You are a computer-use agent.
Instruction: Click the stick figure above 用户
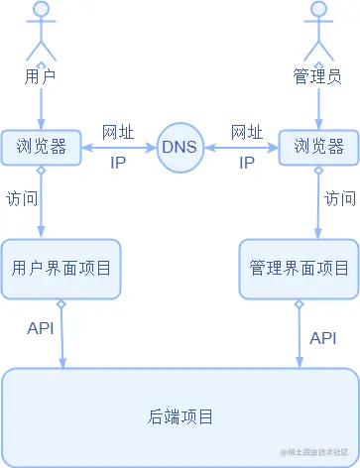(41, 33)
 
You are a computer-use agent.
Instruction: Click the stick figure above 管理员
(318, 33)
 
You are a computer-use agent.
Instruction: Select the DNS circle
(180, 148)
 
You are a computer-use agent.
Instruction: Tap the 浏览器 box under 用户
(41, 148)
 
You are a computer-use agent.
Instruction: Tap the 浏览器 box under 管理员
(318, 148)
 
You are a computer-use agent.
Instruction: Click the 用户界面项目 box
(60, 268)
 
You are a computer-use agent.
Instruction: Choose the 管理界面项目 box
(299, 268)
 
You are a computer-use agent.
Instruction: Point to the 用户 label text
(41, 75)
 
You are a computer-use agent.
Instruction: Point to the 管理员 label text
(318, 75)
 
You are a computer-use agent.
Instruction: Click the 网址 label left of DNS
(119, 132)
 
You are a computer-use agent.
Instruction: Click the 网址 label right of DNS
(246, 132)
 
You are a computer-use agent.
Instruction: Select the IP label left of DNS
(119, 164)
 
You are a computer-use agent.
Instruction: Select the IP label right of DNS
(247, 164)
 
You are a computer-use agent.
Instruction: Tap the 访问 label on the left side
(21, 198)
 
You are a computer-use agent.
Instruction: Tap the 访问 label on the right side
(340, 198)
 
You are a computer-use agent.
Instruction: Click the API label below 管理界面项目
(323, 338)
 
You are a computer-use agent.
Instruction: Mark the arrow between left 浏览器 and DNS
(119, 149)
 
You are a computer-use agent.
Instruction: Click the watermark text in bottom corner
(315, 452)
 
